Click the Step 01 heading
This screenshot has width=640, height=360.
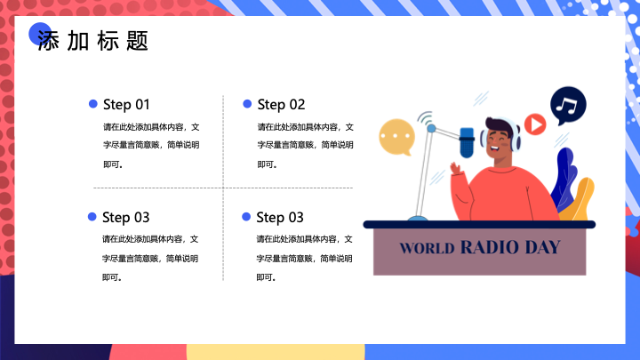click(126, 105)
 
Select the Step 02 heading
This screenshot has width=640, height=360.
click(281, 105)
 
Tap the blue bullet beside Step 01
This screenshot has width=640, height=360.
click(93, 104)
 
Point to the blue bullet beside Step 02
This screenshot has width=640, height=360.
click(247, 104)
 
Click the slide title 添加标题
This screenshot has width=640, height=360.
click(92, 40)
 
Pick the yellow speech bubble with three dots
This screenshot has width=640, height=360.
click(396, 137)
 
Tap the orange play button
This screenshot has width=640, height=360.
click(535, 124)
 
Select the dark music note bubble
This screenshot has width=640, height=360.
click(568, 105)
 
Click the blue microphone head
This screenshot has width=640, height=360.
click(467, 142)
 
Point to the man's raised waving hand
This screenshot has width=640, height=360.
click(455, 168)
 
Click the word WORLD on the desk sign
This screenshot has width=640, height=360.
click(427, 248)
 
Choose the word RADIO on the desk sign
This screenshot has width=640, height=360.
click(490, 247)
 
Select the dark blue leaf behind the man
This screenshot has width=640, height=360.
click(564, 179)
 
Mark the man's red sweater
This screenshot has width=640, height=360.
click(505, 194)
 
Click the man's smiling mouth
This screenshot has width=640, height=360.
click(494, 148)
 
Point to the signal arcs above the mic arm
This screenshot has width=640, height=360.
click(425, 118)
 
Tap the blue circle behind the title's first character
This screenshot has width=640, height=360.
click(40, 34)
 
